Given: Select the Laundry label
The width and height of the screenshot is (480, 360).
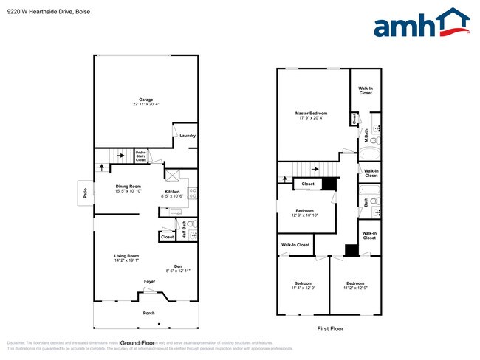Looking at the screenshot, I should click(187, 136).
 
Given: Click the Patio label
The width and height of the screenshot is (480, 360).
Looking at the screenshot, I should click(83, 195).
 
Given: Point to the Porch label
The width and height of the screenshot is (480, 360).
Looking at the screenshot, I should click(148, 313).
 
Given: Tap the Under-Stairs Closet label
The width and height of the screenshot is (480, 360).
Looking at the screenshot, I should click(140, 156).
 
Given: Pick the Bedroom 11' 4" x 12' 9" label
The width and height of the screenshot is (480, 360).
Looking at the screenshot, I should click(304, 285).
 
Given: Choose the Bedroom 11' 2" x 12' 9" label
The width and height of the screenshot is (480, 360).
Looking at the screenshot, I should click(355, 285).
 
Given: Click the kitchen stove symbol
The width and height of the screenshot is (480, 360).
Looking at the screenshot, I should click(193, 194).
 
